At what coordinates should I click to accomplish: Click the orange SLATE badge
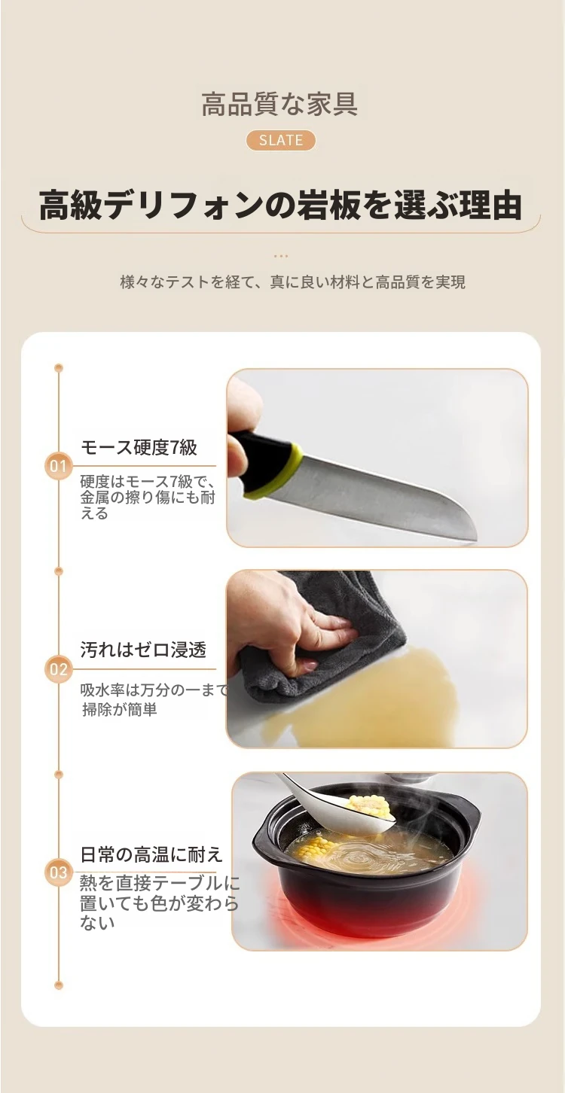[x=281, y=140]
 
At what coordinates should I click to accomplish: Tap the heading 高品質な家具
[x=279, y=103]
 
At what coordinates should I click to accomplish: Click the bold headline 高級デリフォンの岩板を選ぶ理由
[x=280, y=206]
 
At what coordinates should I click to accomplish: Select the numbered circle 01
[x=58, y=466]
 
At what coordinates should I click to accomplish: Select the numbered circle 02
[x=58, y=669]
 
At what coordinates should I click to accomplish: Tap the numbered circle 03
[x=58, y=872]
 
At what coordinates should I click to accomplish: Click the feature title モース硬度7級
[x=139, y=447]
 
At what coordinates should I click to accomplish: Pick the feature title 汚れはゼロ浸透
[x=143, y=650]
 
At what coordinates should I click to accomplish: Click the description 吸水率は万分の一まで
[x=154, y=690]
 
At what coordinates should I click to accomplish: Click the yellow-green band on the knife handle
[x=279, y=472]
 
